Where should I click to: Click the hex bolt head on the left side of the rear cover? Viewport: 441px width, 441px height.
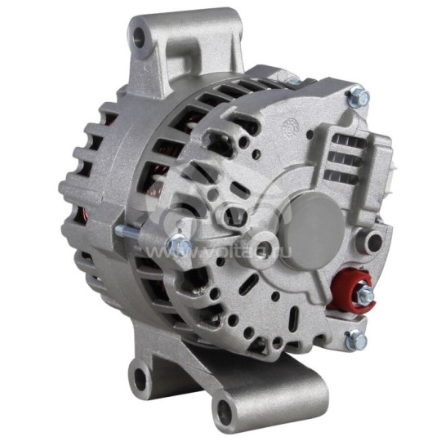(x=177, y=244)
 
